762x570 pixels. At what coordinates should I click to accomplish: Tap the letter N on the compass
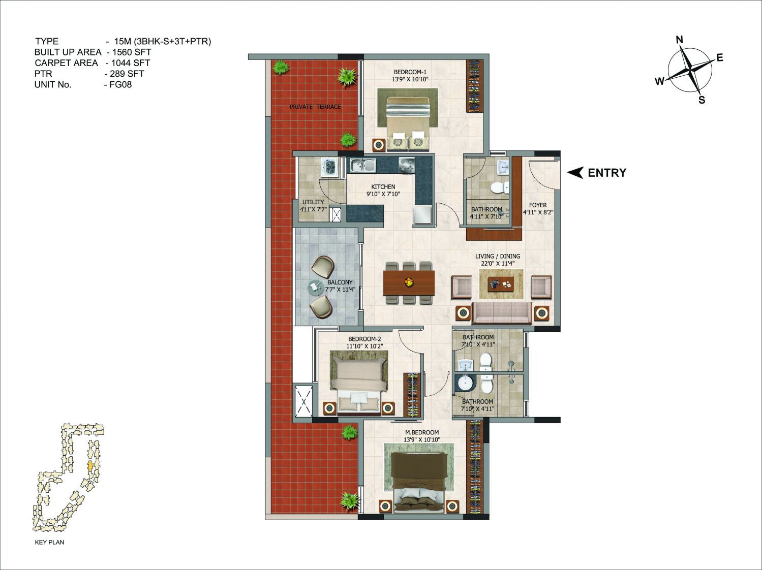point(680,40)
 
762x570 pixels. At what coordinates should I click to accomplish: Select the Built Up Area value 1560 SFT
point(131,52)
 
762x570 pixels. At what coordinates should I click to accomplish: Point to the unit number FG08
point(120,85)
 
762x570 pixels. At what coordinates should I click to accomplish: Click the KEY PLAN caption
point(49,542)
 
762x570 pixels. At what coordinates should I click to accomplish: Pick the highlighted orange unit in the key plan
point(90,465)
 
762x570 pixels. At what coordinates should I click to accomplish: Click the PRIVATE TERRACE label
point(315,107)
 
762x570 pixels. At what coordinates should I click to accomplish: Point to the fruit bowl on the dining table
point(409,281)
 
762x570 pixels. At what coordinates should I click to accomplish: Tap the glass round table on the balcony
point(316,288)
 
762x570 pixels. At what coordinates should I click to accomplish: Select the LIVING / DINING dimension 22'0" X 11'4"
point(498,264)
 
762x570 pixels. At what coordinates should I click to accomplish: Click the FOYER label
point(538,205)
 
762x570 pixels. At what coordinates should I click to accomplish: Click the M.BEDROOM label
point(422,432)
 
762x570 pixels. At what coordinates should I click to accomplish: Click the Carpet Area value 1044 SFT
point(131,63)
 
